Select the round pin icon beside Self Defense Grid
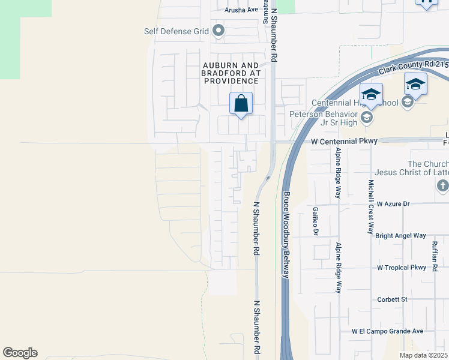click(x=218, y=30)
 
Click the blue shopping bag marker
click(x=241, y=104)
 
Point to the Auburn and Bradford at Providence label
click(x=231, y=73)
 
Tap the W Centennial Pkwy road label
click(x=344, y=141)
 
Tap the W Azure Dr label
click(x=388, y=204)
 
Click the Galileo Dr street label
click(x=315, y=220)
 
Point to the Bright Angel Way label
click(x=400, y=236)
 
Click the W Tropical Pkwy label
click(x=402, y=268)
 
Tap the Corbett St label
click(x=392, y=299)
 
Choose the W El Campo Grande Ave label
click(x=388, y=331)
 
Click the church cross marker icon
click(x=442, y=186)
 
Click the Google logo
click(x=20, y=353)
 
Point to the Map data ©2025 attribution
click(x=424, y=355)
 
